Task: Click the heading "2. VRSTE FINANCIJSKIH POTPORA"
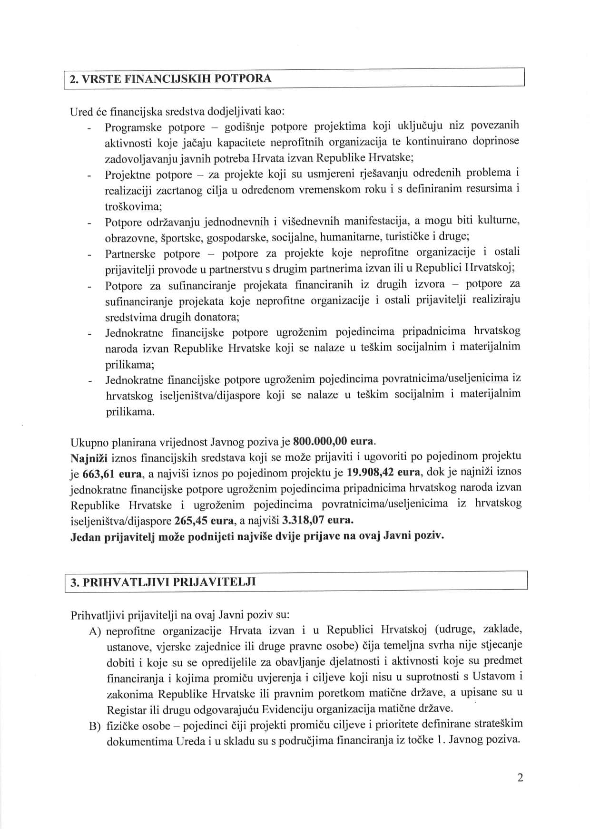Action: coord(171,78)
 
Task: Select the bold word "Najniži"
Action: coord(89,458)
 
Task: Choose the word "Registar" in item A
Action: coord(126,709)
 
